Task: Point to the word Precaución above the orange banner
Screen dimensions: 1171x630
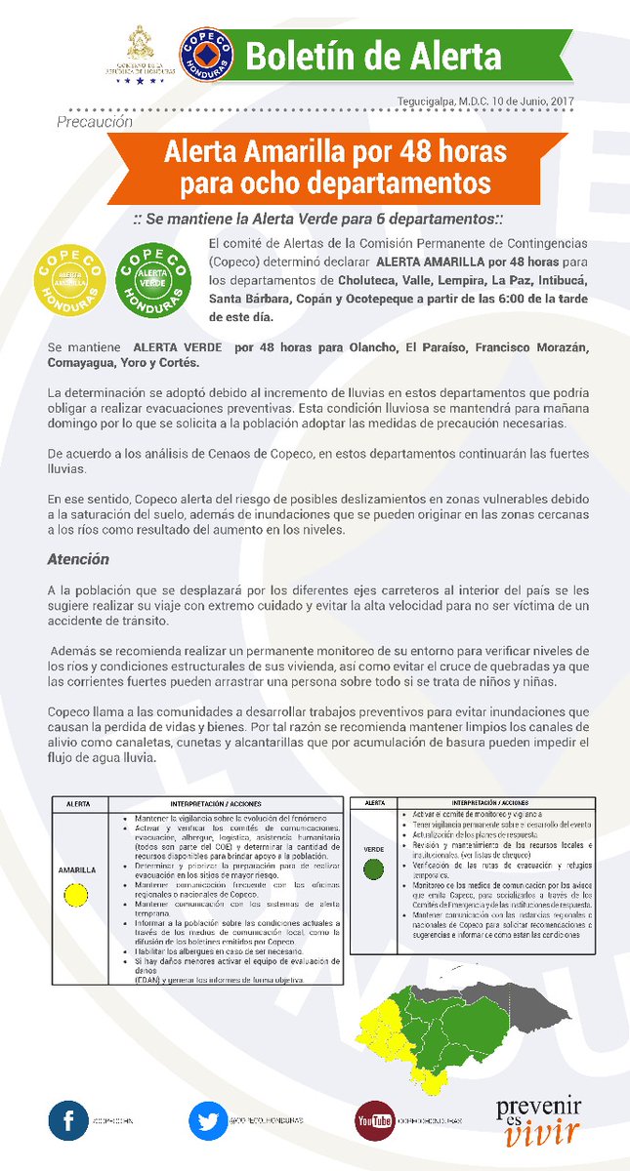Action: point(95,123)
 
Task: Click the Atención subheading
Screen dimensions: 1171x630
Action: point(78,559)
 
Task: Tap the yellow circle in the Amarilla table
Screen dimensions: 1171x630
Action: point(75,893)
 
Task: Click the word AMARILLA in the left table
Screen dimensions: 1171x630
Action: point(75,868)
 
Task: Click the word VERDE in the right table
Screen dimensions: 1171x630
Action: point(373,849)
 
